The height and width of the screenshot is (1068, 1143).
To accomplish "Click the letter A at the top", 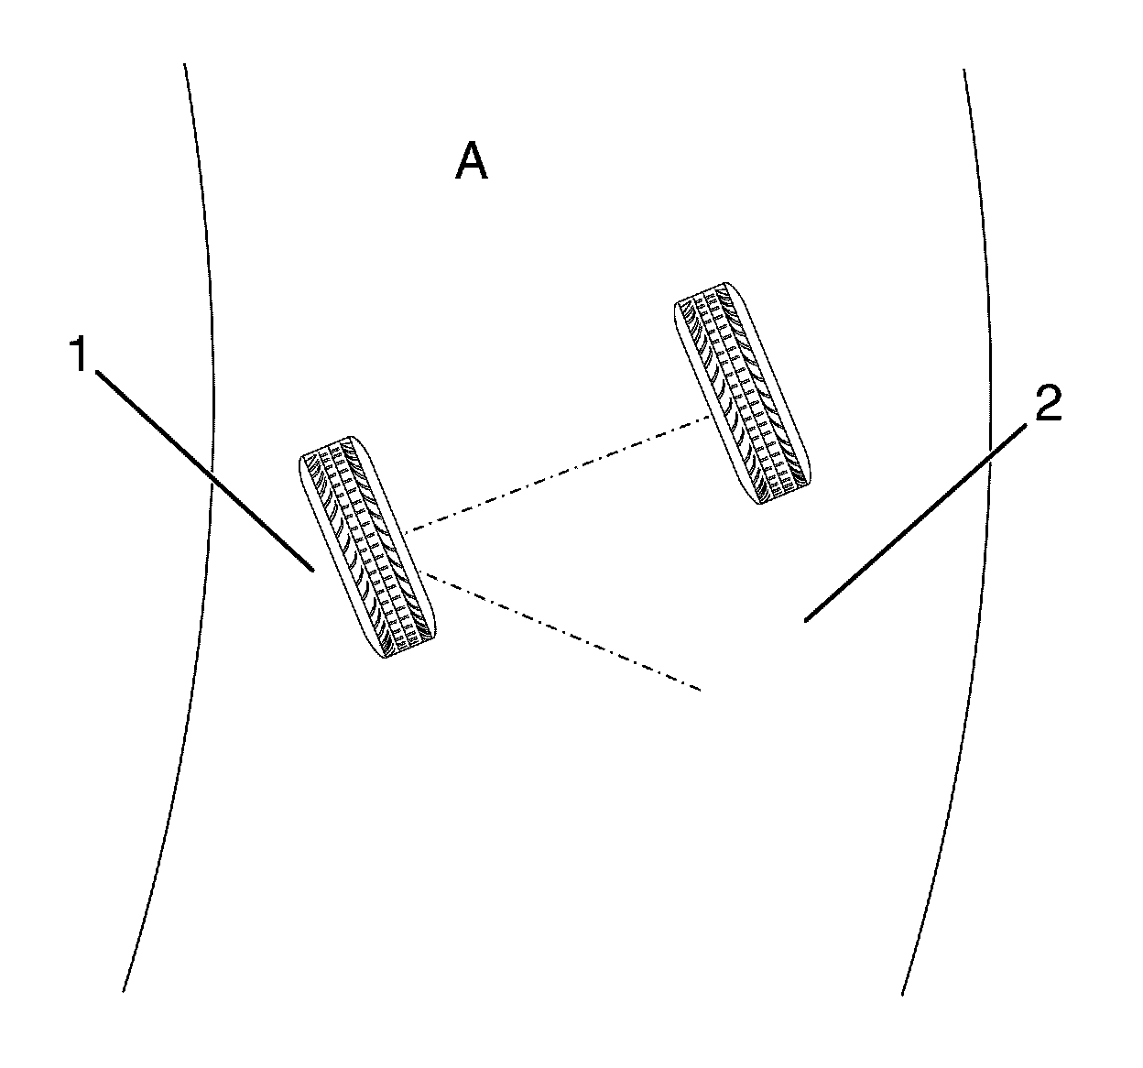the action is pyautogui.click(x=472, y=164).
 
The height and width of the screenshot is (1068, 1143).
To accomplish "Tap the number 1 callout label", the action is pyautogui.click(x=81, y=354).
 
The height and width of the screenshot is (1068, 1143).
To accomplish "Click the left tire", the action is pyautogui.click(x=368, y=548).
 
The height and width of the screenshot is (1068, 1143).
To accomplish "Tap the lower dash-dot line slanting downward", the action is pyautogui.click(x=559, y=630).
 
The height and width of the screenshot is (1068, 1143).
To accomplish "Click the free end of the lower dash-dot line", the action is pyautogui.click(x=702, y=689).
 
